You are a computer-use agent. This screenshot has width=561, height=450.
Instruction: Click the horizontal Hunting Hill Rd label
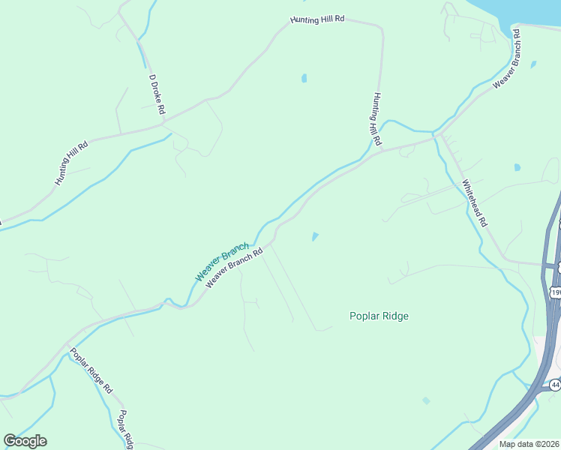pos(318,19)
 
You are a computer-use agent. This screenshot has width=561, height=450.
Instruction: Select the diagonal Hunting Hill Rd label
pos(71,163)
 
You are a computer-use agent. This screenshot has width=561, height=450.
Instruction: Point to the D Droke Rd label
pos(157,94)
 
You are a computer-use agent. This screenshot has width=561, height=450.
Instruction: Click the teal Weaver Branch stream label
pos(221,262)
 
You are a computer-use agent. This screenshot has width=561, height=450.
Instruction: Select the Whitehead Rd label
pos(475,203)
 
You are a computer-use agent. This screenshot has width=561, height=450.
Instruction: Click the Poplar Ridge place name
pos(379,316)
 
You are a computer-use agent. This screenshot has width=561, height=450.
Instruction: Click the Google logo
pos(25,441)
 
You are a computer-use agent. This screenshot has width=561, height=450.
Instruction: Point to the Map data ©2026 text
pos(529,444)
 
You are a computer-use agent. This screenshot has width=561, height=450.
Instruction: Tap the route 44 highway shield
pos(554,385)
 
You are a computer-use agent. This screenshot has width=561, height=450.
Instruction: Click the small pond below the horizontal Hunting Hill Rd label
pos(304,78)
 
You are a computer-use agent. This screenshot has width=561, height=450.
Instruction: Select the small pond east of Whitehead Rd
pos(517,167)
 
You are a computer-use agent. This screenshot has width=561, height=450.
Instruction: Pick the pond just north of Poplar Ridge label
pos(315,237)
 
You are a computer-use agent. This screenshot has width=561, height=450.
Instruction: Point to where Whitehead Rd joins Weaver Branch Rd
pos(436,136)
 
